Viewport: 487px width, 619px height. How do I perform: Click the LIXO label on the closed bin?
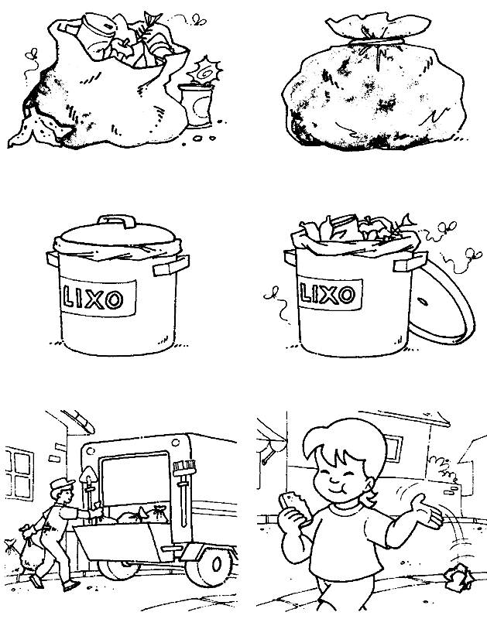click(x=98, y=297)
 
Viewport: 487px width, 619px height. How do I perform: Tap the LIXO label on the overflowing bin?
click(x=330, y=294)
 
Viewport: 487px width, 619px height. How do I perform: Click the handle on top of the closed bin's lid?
click(x=116, y=221)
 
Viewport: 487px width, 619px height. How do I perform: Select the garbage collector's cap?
click(x=62, y=484)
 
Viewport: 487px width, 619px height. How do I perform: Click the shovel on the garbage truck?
click(x=88, y=491)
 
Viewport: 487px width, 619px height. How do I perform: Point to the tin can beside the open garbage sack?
click(x=196, y=105)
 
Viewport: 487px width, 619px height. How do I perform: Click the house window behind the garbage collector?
click(x=19, y=474)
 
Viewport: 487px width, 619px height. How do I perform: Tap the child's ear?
click(x=369, y=484)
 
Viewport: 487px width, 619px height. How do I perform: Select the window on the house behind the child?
click(x=393, y=447)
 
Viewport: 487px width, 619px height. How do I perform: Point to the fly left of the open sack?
click(x=31, y=61)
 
